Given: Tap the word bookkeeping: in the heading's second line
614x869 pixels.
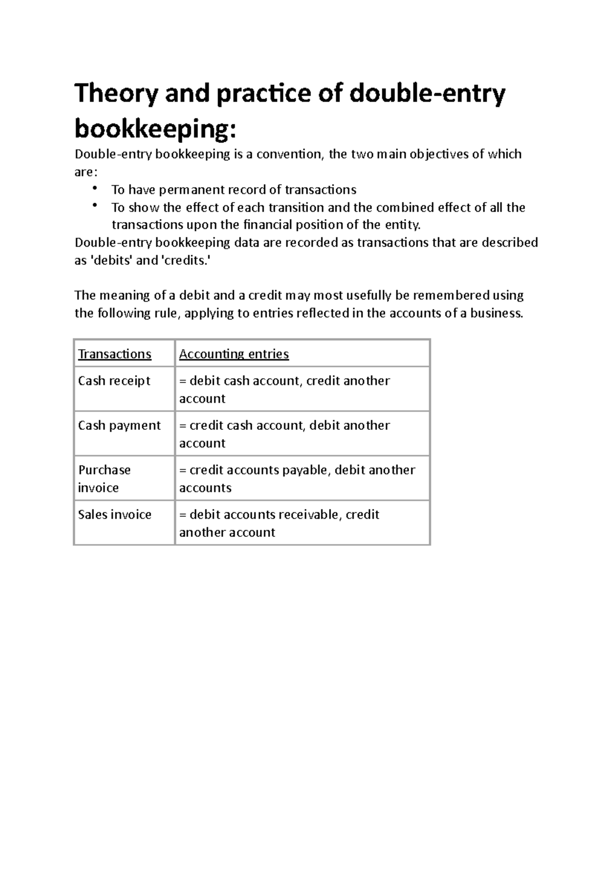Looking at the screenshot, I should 156,129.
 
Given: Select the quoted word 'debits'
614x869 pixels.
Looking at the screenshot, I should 112,260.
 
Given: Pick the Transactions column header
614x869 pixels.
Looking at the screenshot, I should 115,354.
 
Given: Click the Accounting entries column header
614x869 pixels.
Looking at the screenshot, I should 234,354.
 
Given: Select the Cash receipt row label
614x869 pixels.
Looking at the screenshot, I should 114,381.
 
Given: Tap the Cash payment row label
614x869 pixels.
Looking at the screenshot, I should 119,425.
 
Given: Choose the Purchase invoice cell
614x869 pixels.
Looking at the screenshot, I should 104,479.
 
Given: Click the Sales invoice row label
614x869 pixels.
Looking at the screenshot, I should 115,514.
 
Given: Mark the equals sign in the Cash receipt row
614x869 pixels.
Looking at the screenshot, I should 183,381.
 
